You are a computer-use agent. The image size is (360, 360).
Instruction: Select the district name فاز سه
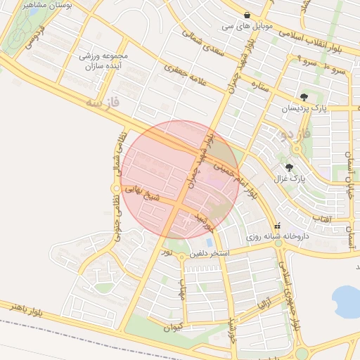103,103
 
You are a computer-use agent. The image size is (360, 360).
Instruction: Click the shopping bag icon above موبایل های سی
247,15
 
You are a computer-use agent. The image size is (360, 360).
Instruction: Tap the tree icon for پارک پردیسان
304,98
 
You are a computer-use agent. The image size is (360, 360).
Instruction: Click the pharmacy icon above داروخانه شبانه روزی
278,226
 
